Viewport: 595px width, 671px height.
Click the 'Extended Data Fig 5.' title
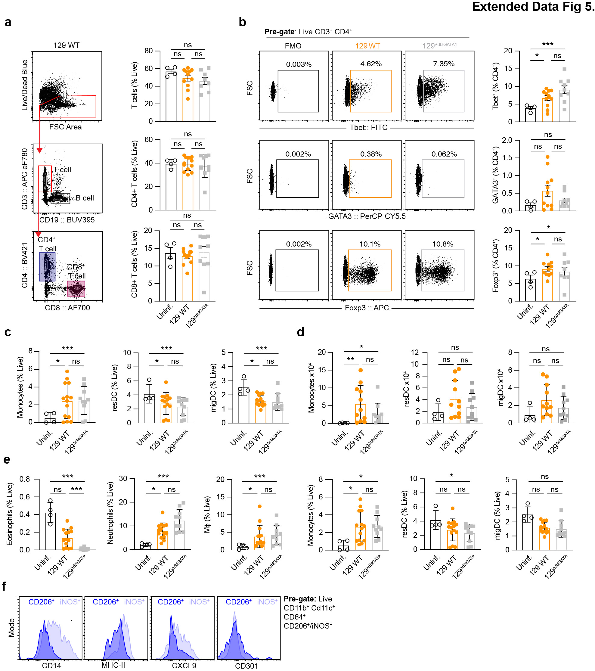click(533, 7)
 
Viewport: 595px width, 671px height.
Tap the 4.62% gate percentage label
click(371, 64)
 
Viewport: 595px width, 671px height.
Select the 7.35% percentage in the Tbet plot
click(443, 64)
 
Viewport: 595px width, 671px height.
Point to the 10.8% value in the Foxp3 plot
click(442, 244)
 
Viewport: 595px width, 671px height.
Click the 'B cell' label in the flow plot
click(85, 198)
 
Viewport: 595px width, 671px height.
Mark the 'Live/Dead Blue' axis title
click(25, 85)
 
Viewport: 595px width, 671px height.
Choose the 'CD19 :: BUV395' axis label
click(67, 220)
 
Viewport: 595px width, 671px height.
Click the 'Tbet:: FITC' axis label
click(368, 127)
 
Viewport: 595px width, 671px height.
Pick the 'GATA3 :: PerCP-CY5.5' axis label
click(367, 216)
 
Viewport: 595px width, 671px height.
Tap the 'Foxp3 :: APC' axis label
click(367, 308)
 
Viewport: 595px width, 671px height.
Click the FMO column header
click(293, 46)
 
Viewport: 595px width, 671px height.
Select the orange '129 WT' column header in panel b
click(367, 46)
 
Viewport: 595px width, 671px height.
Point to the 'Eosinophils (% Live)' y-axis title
click(10, 514)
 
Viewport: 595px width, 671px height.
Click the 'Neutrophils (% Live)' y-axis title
click(110, 513)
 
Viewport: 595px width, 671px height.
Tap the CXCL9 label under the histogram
click(184, 665)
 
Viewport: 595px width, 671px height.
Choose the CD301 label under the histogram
click(246, 665)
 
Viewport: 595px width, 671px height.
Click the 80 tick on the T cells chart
click(149, 51)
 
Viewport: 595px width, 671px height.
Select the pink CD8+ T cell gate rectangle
click(76, 289)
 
